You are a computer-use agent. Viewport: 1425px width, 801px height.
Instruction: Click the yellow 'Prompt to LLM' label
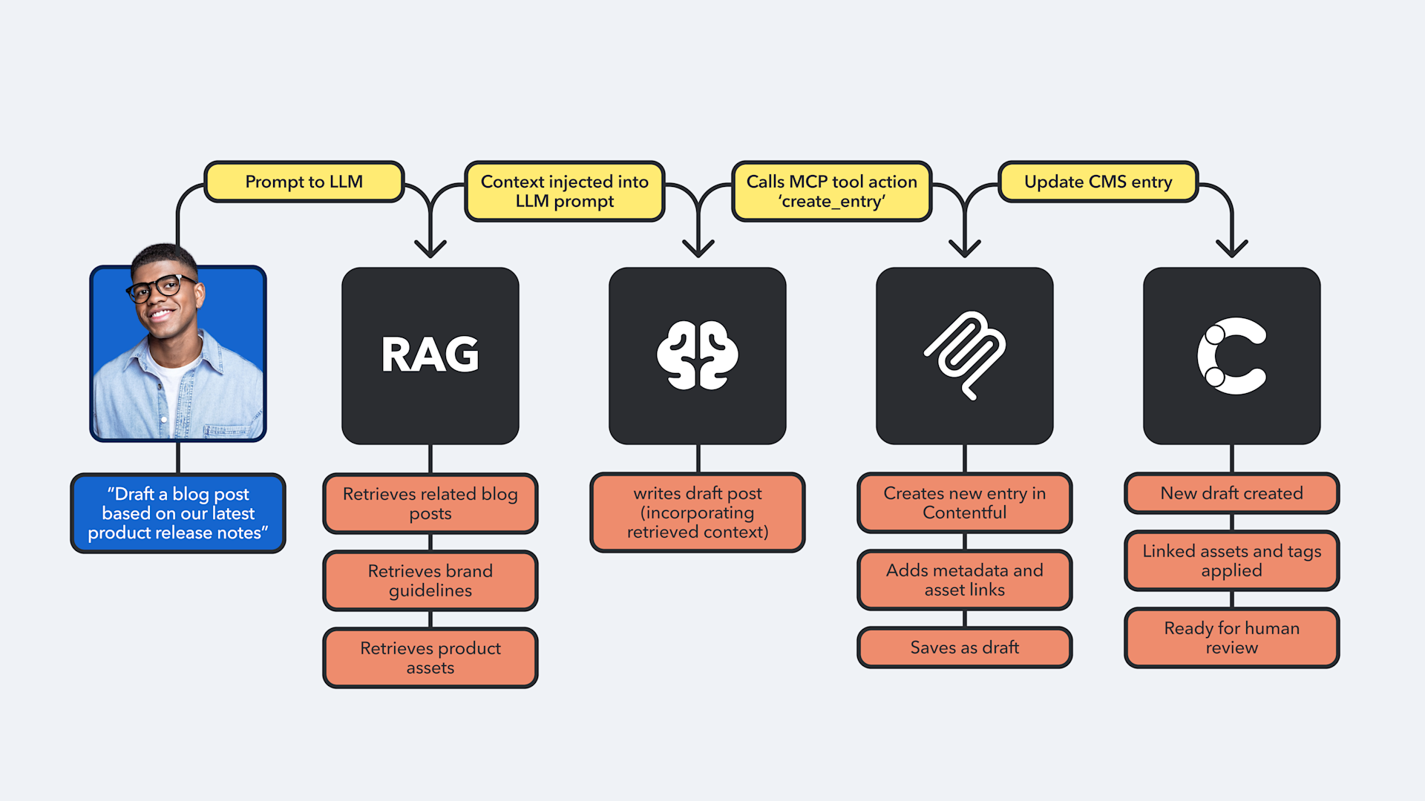304,182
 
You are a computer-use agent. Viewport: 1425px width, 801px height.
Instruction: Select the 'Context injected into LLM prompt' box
564,191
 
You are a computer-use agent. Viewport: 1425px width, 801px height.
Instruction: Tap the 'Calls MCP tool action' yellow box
831,191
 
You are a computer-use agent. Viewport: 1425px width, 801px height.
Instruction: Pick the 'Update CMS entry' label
1098,182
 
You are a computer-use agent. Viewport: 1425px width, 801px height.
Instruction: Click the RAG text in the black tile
430,355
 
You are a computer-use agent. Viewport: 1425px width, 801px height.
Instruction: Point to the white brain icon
698,355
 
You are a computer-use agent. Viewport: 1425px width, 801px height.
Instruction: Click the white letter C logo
1231,356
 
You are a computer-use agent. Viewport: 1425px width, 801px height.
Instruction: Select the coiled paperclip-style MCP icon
964,355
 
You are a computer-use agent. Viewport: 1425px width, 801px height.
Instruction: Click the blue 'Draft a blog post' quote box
178,513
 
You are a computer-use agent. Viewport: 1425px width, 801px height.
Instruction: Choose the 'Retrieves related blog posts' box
430,504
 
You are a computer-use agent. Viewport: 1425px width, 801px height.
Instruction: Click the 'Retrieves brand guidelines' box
430,581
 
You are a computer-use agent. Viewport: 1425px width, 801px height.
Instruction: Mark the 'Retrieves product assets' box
430,658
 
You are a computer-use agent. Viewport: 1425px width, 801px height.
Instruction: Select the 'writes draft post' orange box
698,512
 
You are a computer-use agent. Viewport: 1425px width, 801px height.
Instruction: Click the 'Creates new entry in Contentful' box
965,503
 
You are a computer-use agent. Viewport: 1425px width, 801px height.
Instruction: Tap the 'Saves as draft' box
965,647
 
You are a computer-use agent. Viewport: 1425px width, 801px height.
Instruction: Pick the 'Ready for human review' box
1232,638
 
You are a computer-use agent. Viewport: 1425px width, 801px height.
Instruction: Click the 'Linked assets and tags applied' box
1232,561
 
